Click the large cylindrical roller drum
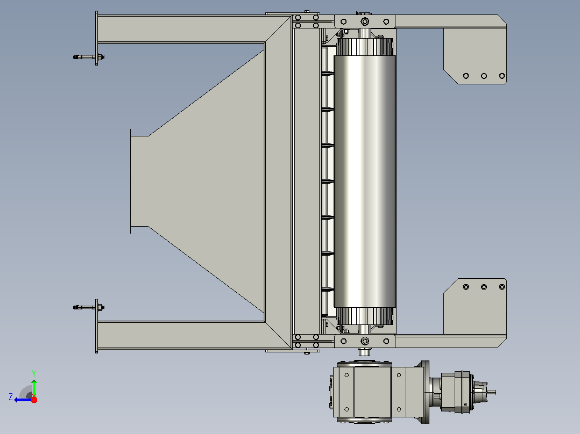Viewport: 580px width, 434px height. coord(365,181)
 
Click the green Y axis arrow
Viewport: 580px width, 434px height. coord(34,387)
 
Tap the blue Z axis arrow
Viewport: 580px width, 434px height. coord(23,400)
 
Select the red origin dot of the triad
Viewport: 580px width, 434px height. coord(34,400)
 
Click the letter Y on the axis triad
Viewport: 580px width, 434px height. coord(34,373)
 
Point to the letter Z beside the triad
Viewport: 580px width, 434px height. coord(11,397)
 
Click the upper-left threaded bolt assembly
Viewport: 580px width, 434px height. coord(89,57)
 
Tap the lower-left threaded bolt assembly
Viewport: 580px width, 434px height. coord(89,307)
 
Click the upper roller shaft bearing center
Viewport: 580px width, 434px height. coord(365,21)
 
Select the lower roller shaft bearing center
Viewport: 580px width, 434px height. coord(365,341)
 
